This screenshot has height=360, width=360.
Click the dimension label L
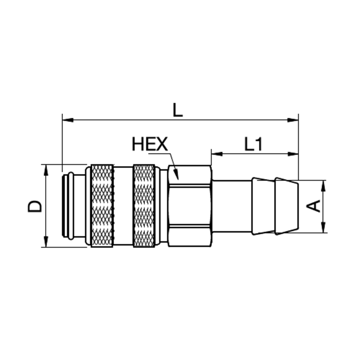tap(177, 111)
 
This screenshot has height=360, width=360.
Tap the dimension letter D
tap(35, 206)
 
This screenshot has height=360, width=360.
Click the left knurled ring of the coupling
tap(102, 206)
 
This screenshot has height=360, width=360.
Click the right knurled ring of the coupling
tap(144, 206)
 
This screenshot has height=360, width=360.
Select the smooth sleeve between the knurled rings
tap(123, 206)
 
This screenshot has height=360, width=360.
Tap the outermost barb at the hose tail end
tap(287, 206)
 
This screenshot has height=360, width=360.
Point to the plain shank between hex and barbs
tap(232, 206)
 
